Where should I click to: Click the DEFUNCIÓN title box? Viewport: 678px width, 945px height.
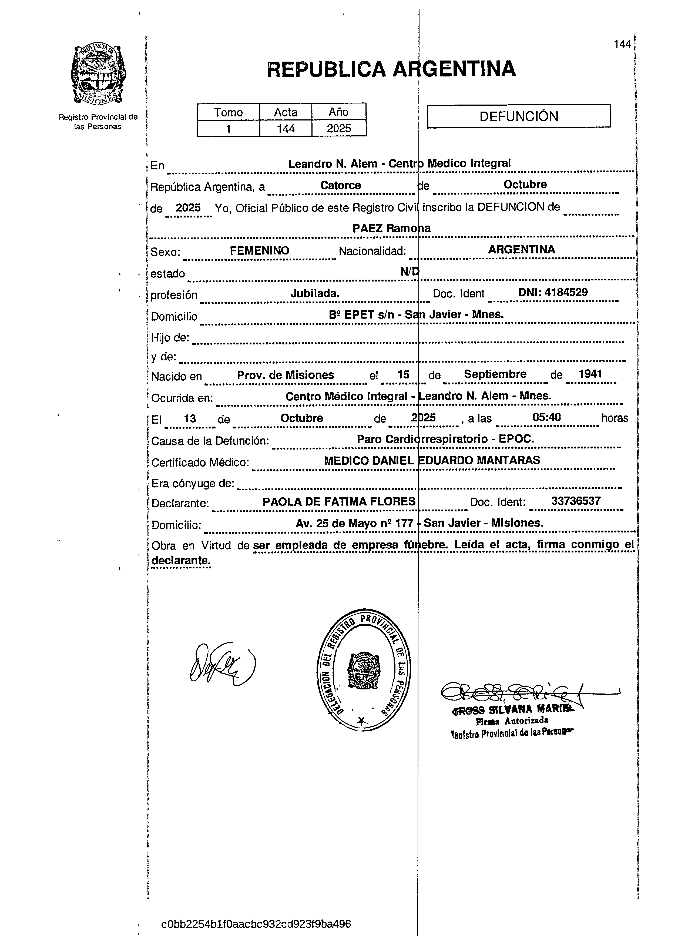point(519,116)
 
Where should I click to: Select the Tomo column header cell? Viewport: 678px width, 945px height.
point(228,112)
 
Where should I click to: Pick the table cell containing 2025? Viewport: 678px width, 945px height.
point(339,128)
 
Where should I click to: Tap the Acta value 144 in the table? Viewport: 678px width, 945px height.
point(286,128)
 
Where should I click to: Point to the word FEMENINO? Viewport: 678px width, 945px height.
point(259,250)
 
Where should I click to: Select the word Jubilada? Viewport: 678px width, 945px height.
point(315,293)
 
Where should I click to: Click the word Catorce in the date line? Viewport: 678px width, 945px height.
point(340,185)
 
